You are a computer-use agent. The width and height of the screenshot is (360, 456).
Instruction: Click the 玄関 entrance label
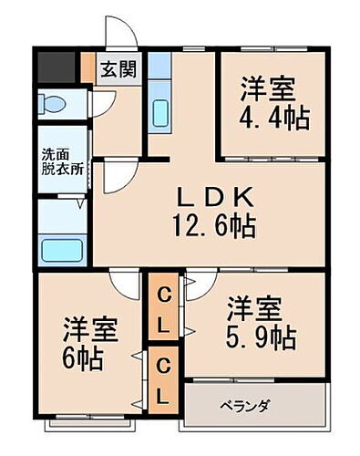tap(117, 68)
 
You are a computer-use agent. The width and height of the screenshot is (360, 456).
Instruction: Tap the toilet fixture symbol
tap(54, 104)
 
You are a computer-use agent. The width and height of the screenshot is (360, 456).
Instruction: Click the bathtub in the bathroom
tap(62, 249)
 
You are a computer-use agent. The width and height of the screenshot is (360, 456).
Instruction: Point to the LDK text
tap(215, 196)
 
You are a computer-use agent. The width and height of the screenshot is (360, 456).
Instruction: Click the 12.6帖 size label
tap(215, 223)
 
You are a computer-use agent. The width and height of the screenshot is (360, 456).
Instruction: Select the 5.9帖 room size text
tap(261, 336)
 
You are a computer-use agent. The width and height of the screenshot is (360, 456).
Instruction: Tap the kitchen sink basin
tap(159, 115)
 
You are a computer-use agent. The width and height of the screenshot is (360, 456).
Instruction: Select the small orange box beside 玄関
tap(87, 68)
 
